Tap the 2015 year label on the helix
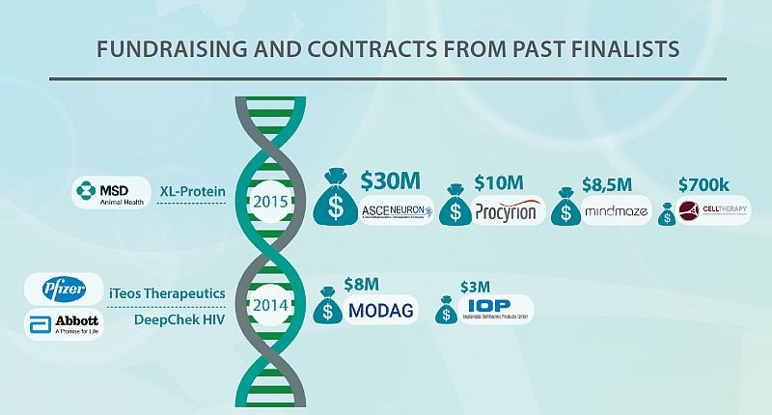click(x=269, y=203)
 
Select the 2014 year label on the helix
click(x=269, y=308)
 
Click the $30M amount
click(x=391, y=180)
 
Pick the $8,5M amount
click(x=607, y=183)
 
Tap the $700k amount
click(x=707, y=183)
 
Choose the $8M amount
click(x=363, y=284)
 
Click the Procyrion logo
click(x=510, y=211)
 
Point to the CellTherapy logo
click(x=714, y=211)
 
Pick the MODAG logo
click(x=382, y=310)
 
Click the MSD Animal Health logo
click(x=110, y=193)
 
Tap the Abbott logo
click(x=66, y=324)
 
